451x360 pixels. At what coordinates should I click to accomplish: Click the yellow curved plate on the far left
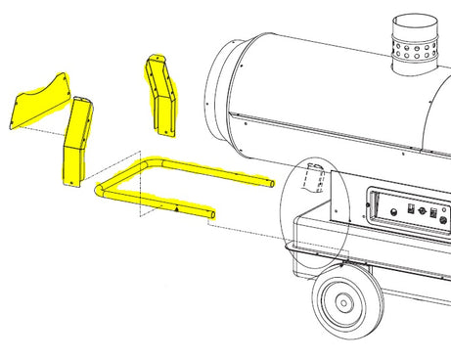pos(39,103)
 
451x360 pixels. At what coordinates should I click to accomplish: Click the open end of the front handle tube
pos(211,212)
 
